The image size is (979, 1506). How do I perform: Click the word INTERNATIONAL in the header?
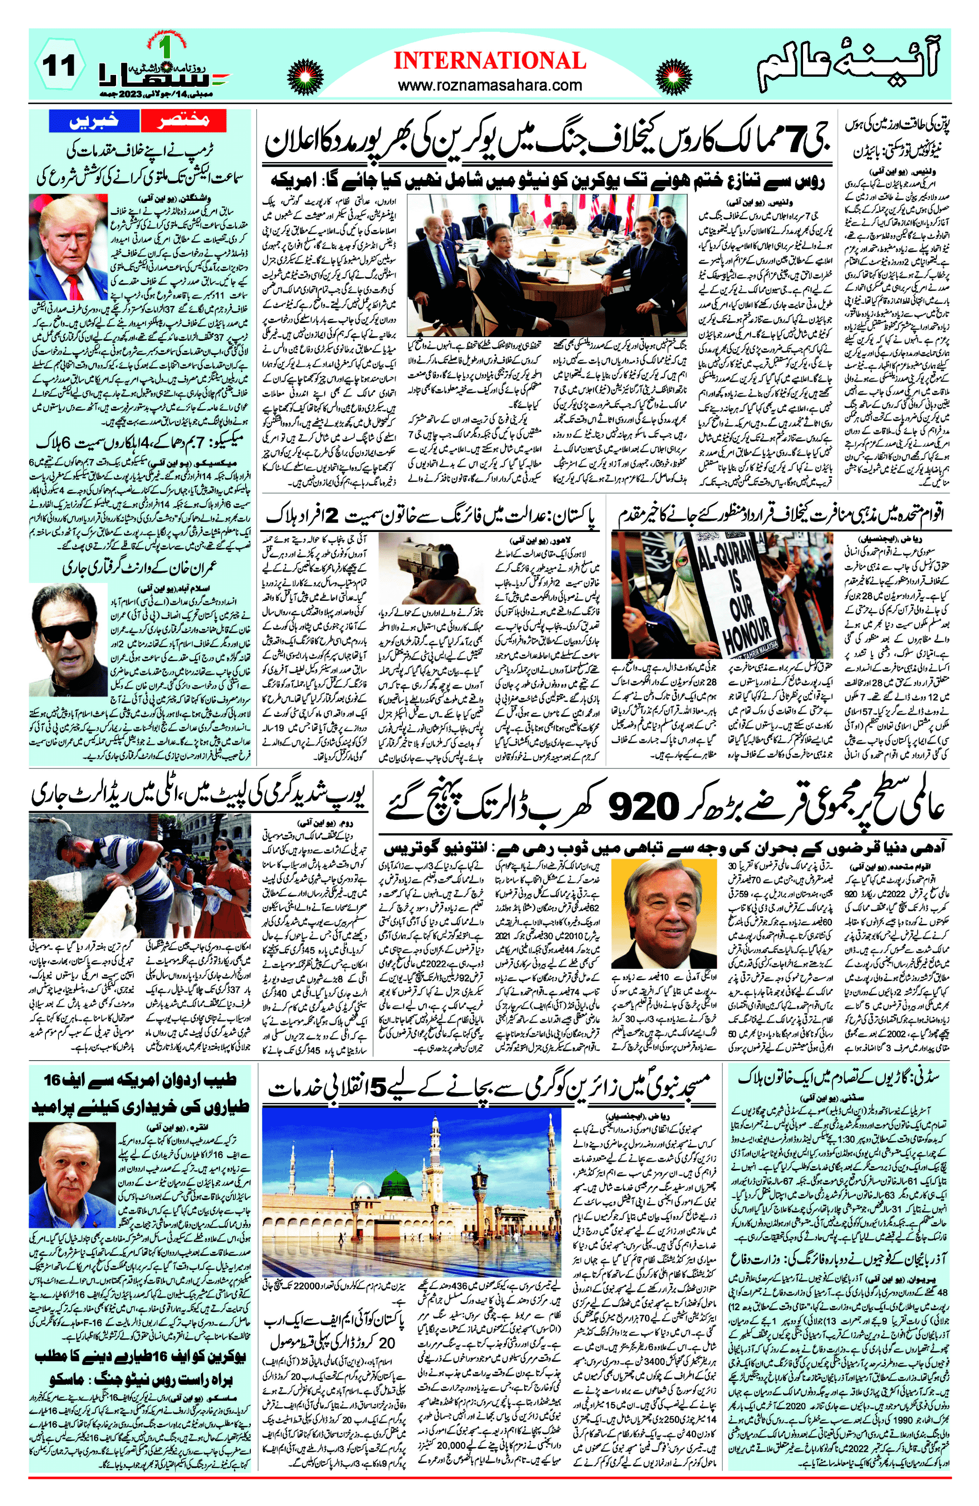tap(489, 61)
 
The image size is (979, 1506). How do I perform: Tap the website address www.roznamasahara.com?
tap(489, 85)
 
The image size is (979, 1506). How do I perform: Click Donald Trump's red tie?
tap(74, 286)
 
